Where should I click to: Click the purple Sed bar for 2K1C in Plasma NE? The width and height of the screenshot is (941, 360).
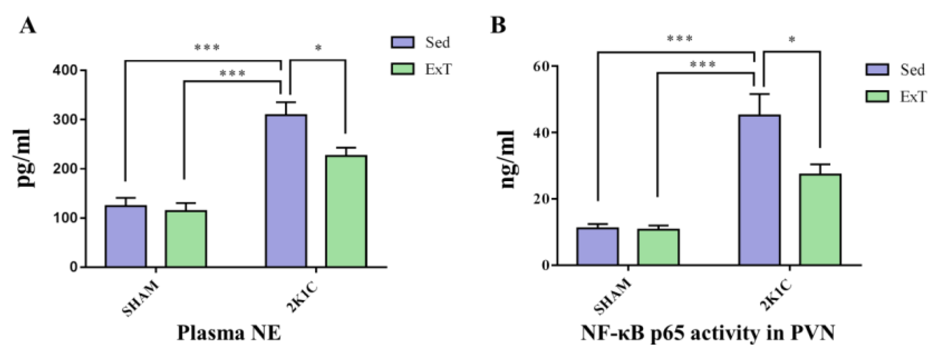pyautogui.click(x=286, y=191)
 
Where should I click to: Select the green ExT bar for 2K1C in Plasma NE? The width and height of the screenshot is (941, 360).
pyautogui.click(x=346, y=211)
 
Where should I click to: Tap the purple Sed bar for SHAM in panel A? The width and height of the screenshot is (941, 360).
pyautogui.click(x=126, y=236)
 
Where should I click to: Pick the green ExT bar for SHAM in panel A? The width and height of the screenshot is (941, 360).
pyautogui.click(x=186, y=239)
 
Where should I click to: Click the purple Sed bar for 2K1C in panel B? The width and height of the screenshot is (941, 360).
pyautogui.click(x=760, y=190)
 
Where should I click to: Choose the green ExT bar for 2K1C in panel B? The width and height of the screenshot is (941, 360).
pyautogui.click(x=820, y=220)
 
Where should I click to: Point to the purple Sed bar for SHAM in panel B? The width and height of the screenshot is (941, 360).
pyautogui.click(x=597, y=247)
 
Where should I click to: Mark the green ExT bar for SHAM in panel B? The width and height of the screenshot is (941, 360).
pyautogui.click(x=658, y=247)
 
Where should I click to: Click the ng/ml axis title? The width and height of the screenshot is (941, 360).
pyautogui.click(x=508, y=159)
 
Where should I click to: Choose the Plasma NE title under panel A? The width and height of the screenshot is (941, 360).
pyautogui.click(x=229, y=333)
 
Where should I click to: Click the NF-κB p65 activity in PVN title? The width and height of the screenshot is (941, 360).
pyautogui.click(x=708, y=333)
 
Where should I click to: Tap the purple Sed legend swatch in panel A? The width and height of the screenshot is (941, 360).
pyautogui.click(x=402, y=42)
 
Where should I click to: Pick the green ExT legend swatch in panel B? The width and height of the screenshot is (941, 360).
pyautogui.click(x=877, y=97)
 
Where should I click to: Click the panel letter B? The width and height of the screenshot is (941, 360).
pyautogui.click(x=498, y=25)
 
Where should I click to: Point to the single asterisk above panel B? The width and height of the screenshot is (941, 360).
pyautogui.click(x=792, y=40)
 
